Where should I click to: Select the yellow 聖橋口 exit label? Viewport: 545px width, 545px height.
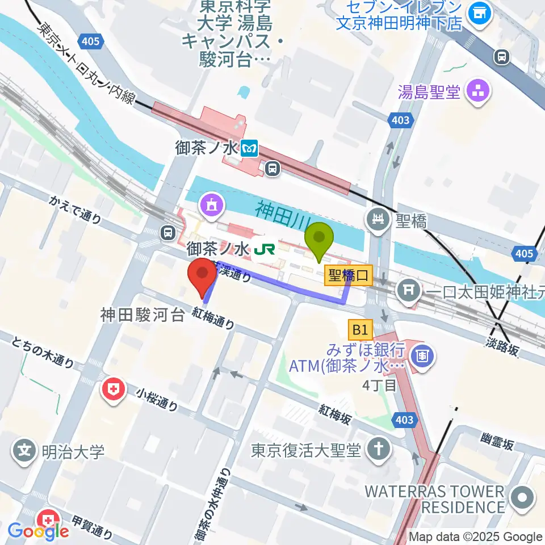click(x=348, y=276)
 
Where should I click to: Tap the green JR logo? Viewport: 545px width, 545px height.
click(x=264, y=249)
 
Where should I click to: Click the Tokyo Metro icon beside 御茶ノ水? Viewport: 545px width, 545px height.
click(x=249, y=149)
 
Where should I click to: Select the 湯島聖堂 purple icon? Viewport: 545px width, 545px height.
click(x=478, y=91)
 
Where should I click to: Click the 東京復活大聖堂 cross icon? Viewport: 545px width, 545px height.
click(x=376, y=450)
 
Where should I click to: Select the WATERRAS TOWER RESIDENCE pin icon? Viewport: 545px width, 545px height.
click(x=522, y=498)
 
